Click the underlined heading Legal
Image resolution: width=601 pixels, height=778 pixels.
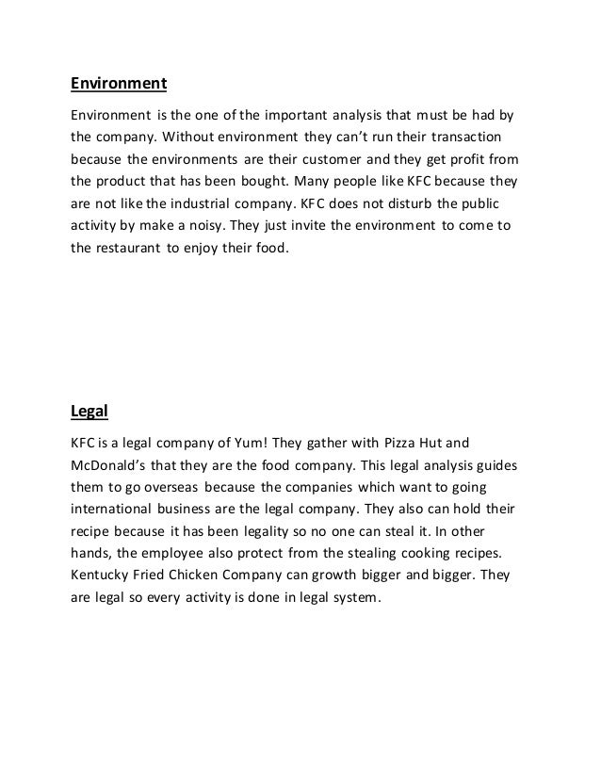point(90,409)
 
